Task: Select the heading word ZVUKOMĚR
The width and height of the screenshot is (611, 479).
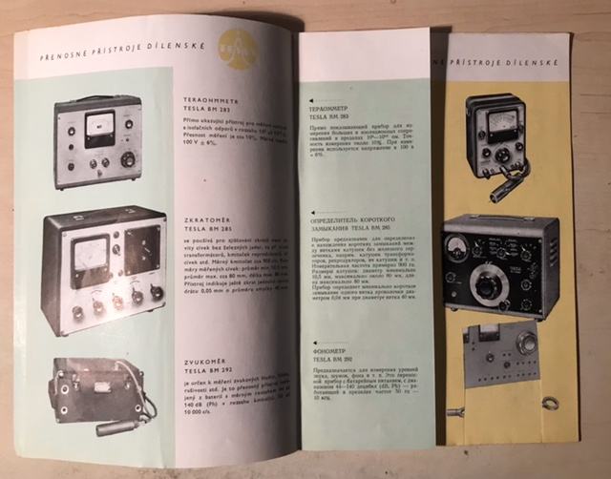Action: (x=202, y=364)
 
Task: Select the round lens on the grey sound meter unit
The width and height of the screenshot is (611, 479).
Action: (x=526, y=342)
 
